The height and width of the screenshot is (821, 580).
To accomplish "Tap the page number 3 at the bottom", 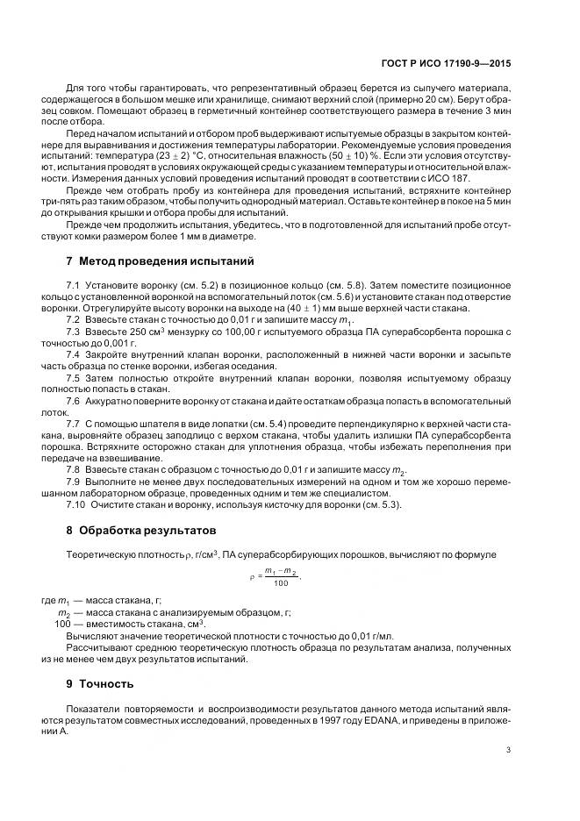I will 509,749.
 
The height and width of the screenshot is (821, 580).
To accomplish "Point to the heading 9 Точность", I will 101,683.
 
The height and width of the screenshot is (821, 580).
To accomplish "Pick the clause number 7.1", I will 74,286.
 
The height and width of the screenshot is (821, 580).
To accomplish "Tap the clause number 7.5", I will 74,377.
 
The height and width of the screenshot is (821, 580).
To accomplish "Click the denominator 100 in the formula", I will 280,583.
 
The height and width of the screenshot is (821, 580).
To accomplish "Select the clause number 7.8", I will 74,471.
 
